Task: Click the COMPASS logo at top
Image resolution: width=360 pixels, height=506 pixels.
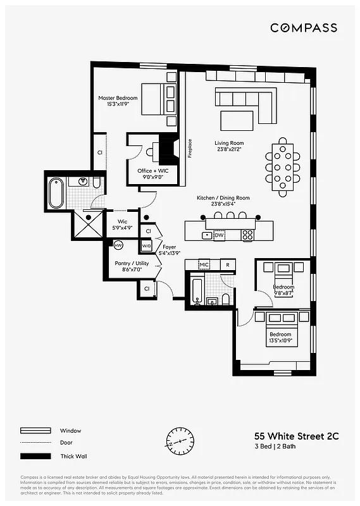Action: coord(304,28)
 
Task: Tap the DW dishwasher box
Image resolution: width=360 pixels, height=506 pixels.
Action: coord(219,235)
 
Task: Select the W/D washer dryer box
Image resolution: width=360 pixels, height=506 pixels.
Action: coord(146,245)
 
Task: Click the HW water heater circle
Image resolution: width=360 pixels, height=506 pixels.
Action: coord(118,245)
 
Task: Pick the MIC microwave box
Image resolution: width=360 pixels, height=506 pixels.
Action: coord(204,264)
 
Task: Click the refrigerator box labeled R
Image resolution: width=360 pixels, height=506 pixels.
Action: coord(227,264)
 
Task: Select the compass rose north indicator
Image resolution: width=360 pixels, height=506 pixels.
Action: coord(180,441)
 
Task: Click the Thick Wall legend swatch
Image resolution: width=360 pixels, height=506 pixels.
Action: coord(35,456)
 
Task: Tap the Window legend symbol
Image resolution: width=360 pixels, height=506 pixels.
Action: coord(35,431)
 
